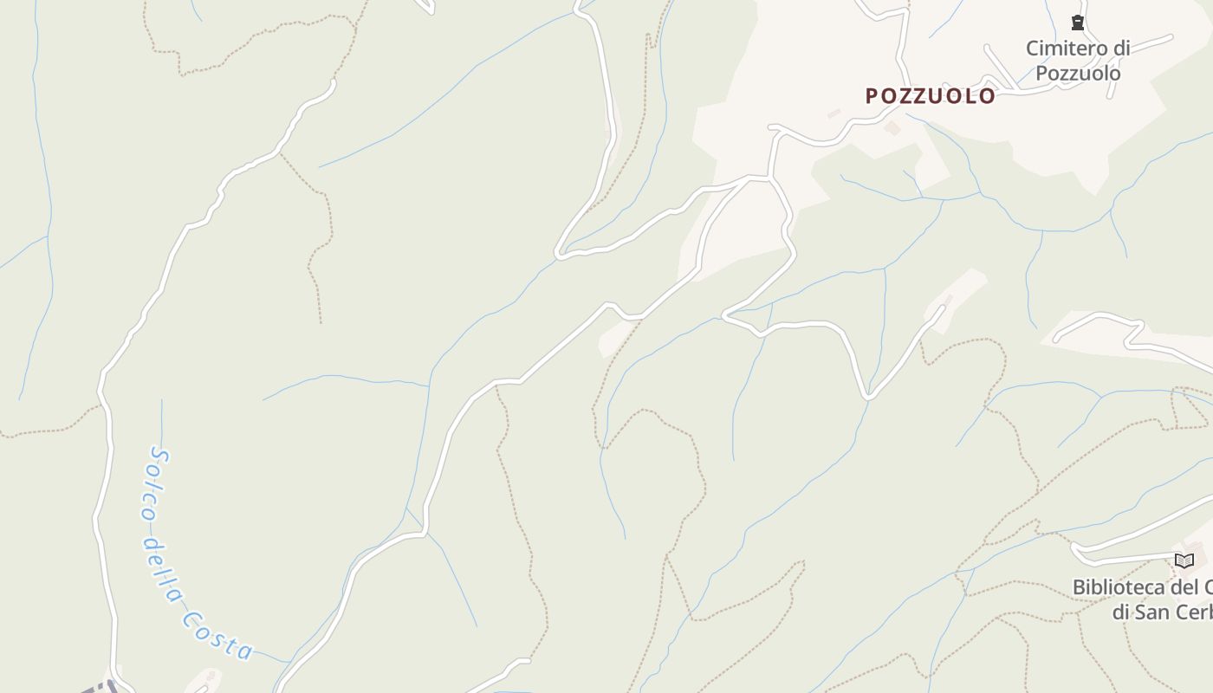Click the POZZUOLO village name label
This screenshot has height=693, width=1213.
(931, 96)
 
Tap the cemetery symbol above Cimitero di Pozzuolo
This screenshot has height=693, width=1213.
(1078, 23)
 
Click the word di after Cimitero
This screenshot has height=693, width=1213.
(1119, 49)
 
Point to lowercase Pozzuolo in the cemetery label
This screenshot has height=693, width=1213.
(1078, 73)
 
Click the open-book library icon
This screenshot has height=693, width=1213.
(1184, 560)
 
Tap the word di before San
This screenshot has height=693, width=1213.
(1122, 612)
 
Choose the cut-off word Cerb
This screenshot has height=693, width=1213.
(1195, 612)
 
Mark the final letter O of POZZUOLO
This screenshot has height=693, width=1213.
(988, 96)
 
